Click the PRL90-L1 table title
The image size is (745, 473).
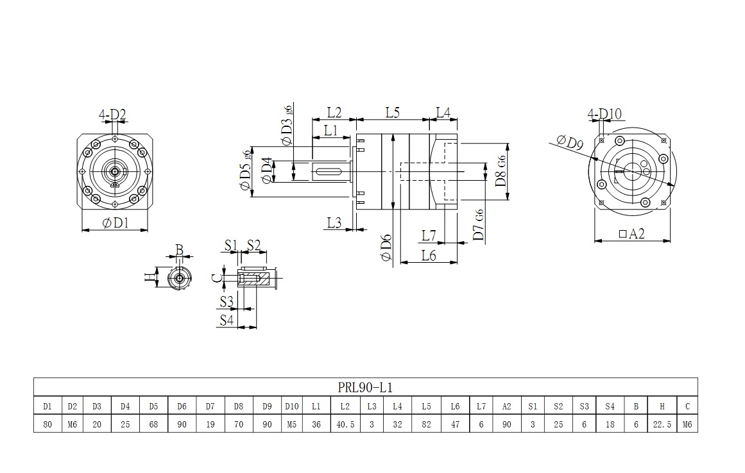365,388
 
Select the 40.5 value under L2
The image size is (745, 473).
345,424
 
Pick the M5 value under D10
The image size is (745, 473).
291,424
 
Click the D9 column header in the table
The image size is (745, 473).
267,406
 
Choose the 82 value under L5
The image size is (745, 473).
427,424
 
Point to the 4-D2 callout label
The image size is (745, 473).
112,115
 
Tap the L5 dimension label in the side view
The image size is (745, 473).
393,112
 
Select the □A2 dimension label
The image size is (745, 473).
631,235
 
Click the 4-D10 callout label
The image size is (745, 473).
604,115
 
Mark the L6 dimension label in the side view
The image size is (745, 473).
429,255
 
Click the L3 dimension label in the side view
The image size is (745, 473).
334,222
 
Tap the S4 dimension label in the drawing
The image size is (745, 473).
227,319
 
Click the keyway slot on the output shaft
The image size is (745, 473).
330,170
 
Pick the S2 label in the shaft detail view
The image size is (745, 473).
253,245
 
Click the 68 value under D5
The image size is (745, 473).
153,424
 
